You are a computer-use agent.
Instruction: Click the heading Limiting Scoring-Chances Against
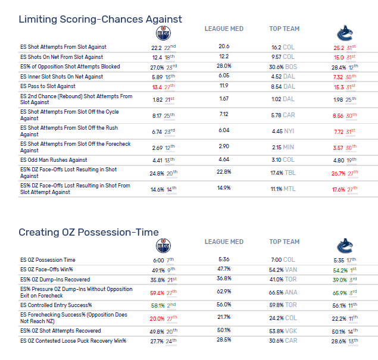[100, 19]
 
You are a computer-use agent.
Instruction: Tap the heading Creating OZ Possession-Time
[88, 232]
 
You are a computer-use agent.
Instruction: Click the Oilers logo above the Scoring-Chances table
[163, 33]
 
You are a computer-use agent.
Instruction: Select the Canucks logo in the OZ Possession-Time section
[345, 246]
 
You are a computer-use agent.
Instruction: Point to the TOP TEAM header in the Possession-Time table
[284, 242]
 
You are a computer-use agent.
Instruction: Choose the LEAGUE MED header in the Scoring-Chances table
[224, 29]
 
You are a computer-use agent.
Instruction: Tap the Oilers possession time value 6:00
[158, 259]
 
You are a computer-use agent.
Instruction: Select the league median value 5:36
[224, 259]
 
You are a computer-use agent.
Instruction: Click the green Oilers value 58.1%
[157, 305]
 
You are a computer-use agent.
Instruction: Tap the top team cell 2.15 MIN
[282, 147]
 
